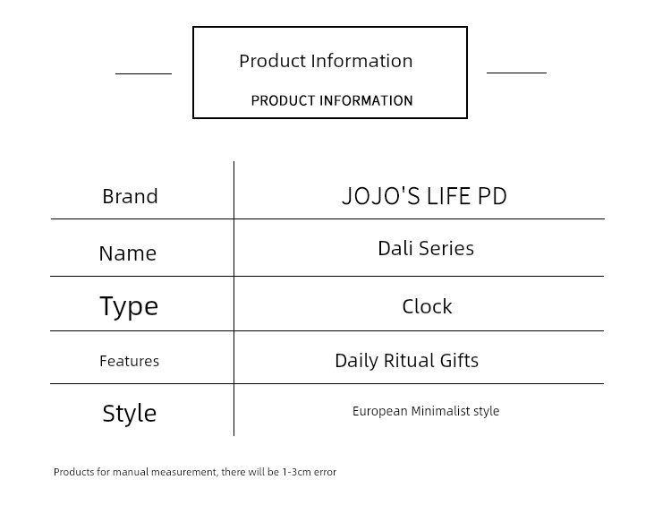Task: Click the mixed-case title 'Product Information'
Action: (326, 61)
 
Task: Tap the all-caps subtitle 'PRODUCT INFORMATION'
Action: (332, 100)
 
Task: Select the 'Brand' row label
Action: (130, 196)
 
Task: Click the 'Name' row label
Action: (128, 253)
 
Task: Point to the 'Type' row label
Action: (129, 306)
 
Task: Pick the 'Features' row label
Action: (129, 361)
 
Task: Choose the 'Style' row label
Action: (129, 414)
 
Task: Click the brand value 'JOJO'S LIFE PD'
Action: (424, 196)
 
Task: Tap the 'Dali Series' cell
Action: (426, 248)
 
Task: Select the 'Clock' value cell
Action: (427, 306)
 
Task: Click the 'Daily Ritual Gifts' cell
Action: (406, 361)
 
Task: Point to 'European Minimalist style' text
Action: (426, 411)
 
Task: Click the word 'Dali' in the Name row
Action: (395, 248)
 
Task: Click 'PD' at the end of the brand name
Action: (492, 196)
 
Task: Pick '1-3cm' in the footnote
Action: (296, 472)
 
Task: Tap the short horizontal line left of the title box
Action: (143, 73)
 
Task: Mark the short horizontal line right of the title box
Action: (516, 73)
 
